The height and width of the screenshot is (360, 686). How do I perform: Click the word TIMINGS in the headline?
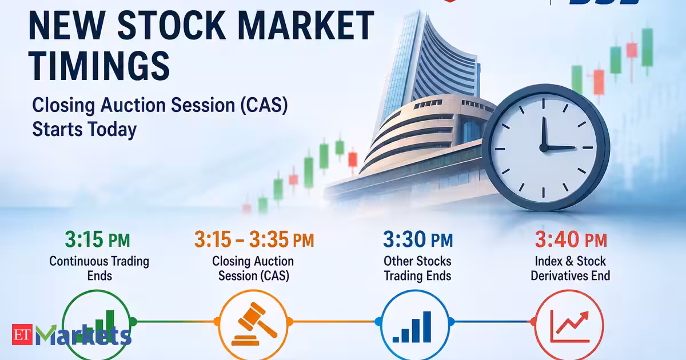99,66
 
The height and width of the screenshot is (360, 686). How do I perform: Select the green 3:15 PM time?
97,239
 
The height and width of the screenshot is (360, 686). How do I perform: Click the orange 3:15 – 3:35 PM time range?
254,239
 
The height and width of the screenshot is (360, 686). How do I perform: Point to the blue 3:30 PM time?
418,239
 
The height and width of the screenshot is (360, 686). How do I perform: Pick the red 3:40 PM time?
571,239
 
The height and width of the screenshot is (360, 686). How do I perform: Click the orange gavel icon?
254,324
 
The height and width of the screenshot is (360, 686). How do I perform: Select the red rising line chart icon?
569,326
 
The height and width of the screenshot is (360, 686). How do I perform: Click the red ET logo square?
22,334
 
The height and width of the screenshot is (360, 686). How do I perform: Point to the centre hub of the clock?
544,148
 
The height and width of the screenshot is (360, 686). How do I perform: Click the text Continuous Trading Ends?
99,269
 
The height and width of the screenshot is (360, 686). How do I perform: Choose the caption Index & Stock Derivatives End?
571,269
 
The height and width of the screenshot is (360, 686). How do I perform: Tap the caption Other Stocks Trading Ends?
417,269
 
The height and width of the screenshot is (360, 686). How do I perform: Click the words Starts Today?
85,129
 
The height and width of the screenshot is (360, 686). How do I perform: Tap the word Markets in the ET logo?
83,335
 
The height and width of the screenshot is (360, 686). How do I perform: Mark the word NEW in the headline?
67,25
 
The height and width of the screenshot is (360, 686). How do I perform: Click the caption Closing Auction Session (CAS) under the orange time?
253,269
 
